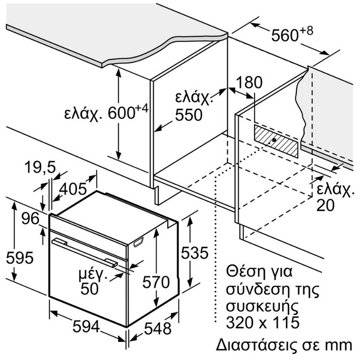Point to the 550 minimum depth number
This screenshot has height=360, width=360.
pos(189,115)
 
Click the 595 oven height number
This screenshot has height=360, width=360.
pos(20,257)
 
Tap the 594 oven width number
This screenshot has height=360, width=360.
pos(86,326)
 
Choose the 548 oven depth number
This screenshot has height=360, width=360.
pos(158,328)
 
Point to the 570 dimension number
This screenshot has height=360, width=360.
pos(156,282)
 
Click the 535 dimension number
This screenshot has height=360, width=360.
pos(195,253)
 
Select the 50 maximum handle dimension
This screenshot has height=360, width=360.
pos(90,288)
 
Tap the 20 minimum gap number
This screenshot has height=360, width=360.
pos(325,205)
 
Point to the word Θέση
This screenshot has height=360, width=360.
pos(244,271)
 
